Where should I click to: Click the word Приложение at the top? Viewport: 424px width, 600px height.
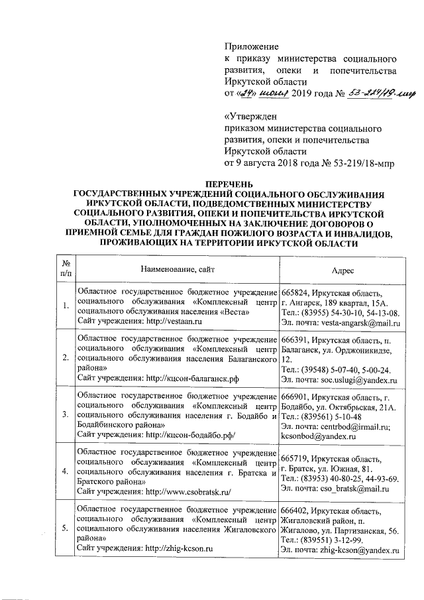[x=252, y=47]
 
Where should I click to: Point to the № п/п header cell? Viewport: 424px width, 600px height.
[x=66, y=271]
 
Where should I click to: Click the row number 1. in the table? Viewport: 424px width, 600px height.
[x=66, y=305]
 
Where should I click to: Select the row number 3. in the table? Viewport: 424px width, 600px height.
[x=66, y=414]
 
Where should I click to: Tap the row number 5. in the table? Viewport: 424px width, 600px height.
[x=66, y=528]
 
